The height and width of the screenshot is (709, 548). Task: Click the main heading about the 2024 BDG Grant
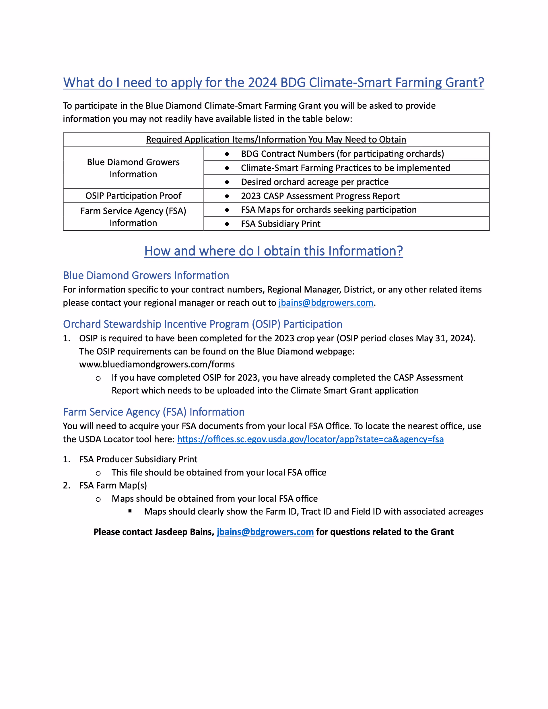click(273, 82)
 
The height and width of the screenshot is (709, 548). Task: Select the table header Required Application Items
click(276, 140)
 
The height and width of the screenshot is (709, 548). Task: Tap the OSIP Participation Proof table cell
click(133, 196)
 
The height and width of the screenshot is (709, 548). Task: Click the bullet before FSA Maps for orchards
click(227, 210)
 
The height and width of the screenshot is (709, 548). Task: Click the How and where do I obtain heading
click(273, 251)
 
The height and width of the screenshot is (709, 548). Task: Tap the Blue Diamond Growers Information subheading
click(146, 275)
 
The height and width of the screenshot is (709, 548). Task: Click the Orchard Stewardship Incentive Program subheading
click(203, 324)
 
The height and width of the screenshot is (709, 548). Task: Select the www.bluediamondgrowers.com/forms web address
click(157, 364)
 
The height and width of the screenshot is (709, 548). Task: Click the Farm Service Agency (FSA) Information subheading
click(154, 412)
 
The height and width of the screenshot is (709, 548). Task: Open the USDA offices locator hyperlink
click(310, 439)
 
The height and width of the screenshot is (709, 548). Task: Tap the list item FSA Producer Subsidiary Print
click(138, 459)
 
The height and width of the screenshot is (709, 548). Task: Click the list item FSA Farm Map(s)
click(113, 485)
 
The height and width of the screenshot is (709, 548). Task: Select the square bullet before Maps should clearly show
click(130, 511)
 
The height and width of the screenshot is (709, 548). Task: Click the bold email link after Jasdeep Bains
click(265, 532)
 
